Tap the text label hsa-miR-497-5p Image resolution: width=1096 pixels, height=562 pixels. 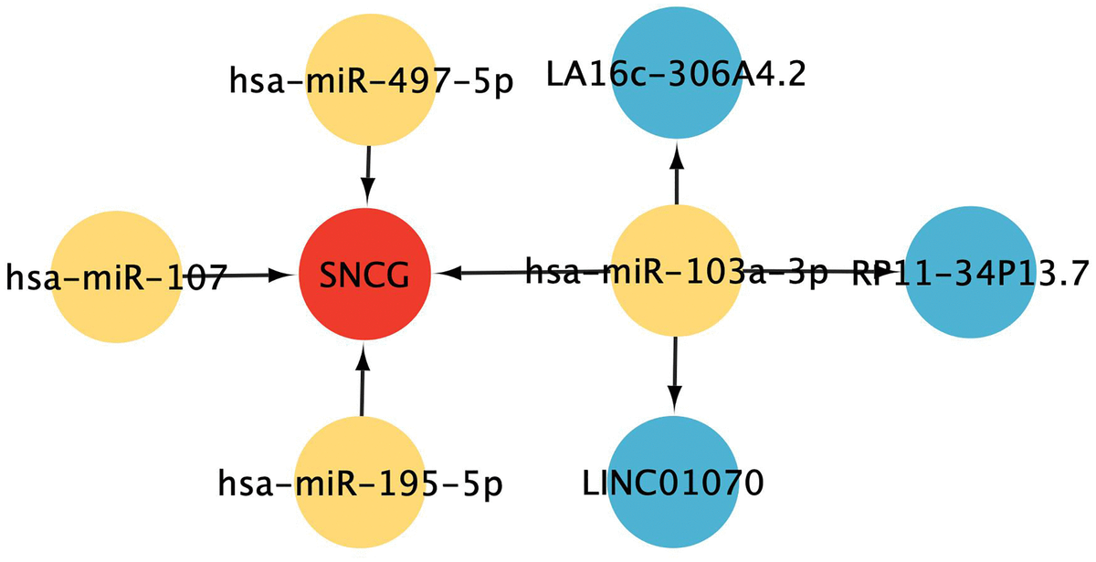point(371,82)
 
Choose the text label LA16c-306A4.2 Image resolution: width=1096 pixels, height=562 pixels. point(676,74)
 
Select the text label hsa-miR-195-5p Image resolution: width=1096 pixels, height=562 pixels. point(362,481)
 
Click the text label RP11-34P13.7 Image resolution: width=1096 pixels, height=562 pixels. point(972,273)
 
